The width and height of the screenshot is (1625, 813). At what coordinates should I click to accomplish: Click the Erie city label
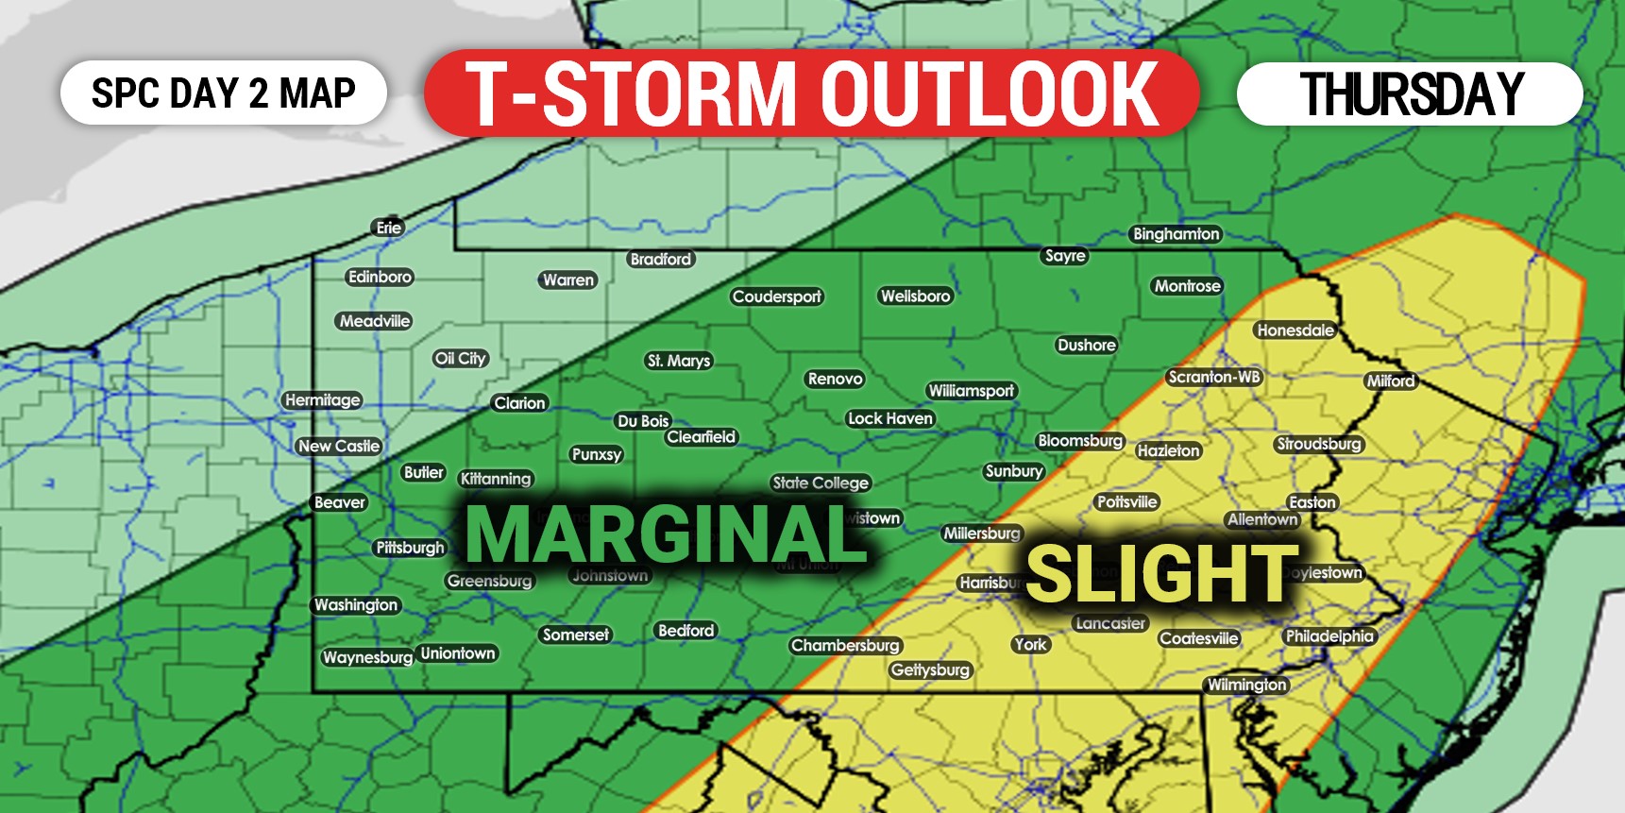(x=388, y=228)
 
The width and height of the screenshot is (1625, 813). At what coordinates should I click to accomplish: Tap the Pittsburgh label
(x=410, y=548)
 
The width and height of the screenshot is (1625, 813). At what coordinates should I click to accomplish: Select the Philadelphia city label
(x=1329, y=636)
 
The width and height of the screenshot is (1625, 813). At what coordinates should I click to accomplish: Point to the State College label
(x=821, y=483)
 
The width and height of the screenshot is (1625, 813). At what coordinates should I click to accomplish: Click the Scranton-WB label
(x=1214, y=377)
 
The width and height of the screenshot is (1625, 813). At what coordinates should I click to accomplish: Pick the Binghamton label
(x=1176, y=234)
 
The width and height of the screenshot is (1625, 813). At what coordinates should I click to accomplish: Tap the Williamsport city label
(x=971, y=391)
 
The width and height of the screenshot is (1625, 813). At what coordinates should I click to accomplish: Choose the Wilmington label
(x=1246, y=685)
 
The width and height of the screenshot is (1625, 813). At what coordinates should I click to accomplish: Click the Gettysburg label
(x=930, y=669)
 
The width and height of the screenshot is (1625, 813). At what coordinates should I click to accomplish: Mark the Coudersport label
(x=777, y=296)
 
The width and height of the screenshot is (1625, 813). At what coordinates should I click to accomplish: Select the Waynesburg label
(x=367, y=657)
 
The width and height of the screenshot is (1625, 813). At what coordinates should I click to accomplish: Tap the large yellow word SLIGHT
(x=1161, y=574)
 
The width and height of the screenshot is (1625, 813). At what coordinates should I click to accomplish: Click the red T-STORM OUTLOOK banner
(x=812, y=93)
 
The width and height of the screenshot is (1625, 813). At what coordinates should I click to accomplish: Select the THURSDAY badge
(x=1410, y=93)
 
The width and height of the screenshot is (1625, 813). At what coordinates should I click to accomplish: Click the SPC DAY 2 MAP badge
(x=224, y=93)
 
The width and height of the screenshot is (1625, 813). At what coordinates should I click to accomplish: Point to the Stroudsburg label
(x=1319, y=444)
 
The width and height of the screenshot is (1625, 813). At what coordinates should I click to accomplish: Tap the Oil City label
(x=460, y=358)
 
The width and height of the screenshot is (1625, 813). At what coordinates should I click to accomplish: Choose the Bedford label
(x=686, y=630)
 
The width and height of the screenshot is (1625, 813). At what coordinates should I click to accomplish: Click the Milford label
(x=1391, y=381)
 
